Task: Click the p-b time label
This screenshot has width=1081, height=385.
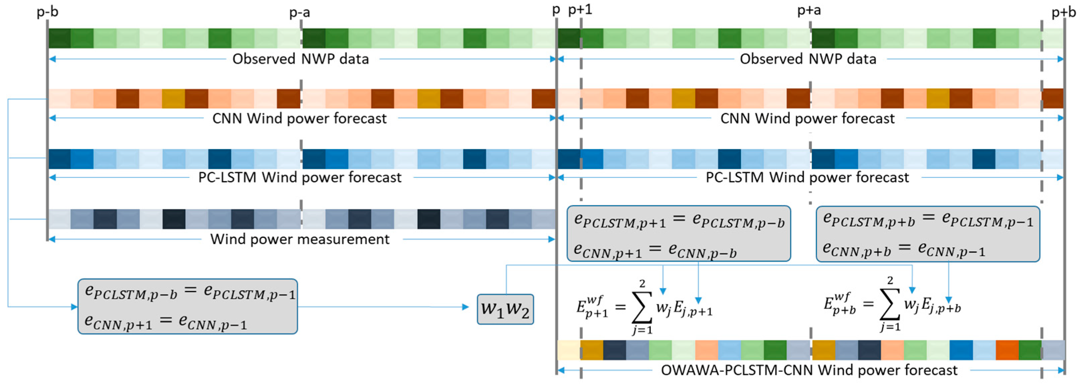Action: [x=47, y=11]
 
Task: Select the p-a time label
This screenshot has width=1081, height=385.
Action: [x=300, y=13]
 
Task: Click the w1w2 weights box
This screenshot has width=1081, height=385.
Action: [x=505, y=309]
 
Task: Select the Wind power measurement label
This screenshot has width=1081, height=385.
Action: [x=300, y=239]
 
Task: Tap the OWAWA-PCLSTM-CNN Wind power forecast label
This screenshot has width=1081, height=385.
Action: [x=809, y=370]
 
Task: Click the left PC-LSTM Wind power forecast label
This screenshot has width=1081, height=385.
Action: [x=300, y=177]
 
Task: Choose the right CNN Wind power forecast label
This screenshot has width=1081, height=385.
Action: [x=807, y=118]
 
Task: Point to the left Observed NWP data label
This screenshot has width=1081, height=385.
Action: [x=301, y=59]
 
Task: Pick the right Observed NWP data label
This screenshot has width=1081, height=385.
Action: [x=808, y=59]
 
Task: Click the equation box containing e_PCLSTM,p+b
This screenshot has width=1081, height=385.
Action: [x=927, y=234]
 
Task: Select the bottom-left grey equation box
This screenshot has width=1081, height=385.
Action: [x=188, y=306]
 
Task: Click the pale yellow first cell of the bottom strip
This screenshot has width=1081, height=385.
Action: [x=569, y=350]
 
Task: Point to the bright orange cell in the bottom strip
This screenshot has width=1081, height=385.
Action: [x=1007, y=350]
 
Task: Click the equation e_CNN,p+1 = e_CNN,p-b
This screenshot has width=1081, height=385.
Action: [x=655, y=251]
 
